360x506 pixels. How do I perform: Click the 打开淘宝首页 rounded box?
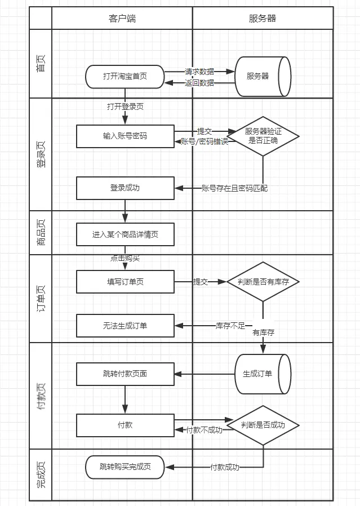tap(125, 77)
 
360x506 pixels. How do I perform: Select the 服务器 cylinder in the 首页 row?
tap(263, 77)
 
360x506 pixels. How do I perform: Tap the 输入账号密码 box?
tap(125, 136)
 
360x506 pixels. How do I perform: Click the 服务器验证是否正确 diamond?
tap(263, 136)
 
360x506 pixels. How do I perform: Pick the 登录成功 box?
tap(125, 188)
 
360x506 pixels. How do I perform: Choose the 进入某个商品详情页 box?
tap(125, 234)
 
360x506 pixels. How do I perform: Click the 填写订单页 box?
tap(125, 282)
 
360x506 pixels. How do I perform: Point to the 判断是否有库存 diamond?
tap(263, 282)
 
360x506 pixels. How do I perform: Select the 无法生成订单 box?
tap(125, 326)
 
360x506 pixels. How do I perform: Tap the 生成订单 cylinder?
tap(263, 374)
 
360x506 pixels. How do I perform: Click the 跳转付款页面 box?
tap(125, 374)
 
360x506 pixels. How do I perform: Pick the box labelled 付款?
tap(125, 425)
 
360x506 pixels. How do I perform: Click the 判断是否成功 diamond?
tap(263, 425)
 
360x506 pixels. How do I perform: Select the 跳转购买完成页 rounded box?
tap(125, 467)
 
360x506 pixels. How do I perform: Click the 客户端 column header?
tap(122, 18)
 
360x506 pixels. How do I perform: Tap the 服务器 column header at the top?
tap(263, 18)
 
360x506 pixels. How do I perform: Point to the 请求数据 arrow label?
tap(199, 72)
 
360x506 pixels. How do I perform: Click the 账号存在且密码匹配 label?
tap(234, 188)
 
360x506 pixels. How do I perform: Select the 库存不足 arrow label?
tap(230, 326)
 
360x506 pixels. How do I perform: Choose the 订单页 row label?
tap(41, 298)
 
